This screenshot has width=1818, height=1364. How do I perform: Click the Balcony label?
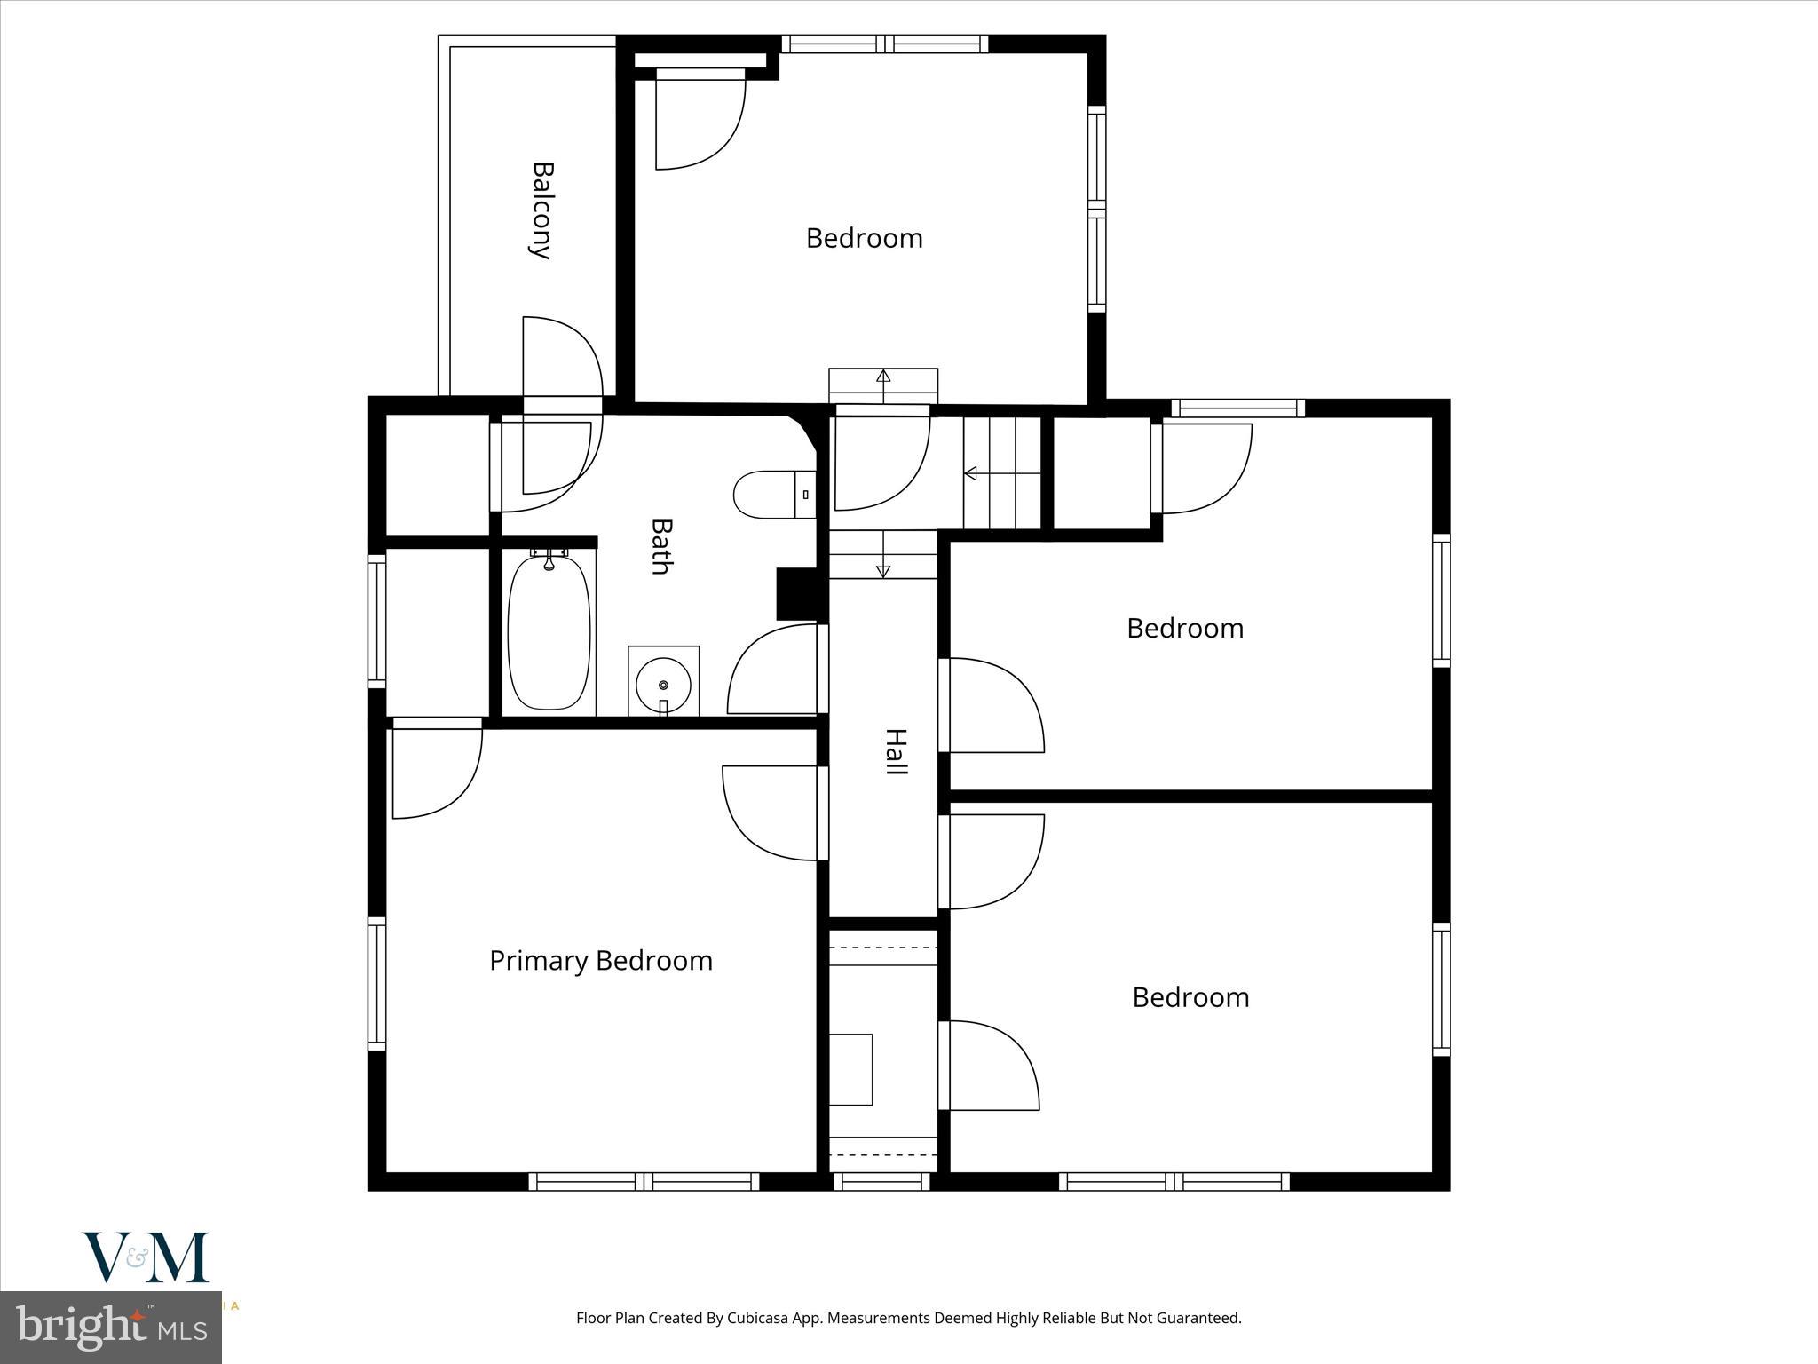coord(541,210)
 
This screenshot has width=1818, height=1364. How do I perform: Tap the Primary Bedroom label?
coord(601,961)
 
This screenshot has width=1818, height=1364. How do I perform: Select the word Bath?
coord(660,547)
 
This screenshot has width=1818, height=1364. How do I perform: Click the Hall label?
coord(896,751)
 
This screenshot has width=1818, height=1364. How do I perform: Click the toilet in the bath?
coord(774,495)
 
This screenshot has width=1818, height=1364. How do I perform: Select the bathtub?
coord(549,632)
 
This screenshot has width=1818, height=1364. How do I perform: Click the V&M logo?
coord(146,1257)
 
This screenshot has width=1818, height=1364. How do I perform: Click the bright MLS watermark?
coord(110,1327)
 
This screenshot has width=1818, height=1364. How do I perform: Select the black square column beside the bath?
coord(796,593)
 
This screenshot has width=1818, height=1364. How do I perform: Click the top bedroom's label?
coord(864,238)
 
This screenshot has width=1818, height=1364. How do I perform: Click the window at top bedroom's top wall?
coord(885,44)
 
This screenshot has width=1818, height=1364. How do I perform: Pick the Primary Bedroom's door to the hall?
coord(771,813)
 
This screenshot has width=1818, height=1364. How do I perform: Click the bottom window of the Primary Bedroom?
coord(644,1181)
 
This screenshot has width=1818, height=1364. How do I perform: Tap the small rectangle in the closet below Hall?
coord(850,1069)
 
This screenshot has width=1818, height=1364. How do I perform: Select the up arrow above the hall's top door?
coord(883,375)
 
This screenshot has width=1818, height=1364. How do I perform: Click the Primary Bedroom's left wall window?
coord(376,984)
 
